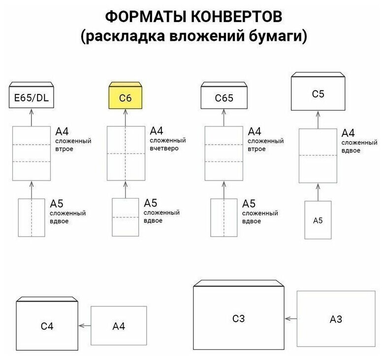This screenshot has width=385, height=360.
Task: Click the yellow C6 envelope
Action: (x=125, y=98)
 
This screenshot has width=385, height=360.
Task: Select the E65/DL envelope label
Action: (x=32, y=98)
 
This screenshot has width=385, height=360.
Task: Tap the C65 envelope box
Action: (x=224, y=98)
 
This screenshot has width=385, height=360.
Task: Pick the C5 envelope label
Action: (x=318, y=93)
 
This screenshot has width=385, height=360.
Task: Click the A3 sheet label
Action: (x=336, y=319)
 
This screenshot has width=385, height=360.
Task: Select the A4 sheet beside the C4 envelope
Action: (x=119, y=325)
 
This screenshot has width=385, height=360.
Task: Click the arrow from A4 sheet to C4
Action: (x=85, y=325)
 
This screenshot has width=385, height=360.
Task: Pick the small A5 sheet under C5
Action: (x=317, y=220)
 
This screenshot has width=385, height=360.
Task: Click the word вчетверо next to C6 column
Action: (x=165, y=148)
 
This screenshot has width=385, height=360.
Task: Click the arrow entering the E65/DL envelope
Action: (x=32, y=118)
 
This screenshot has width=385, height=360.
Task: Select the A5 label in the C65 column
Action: (x=249, y=204)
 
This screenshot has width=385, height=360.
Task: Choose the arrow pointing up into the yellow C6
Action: (x=125, y=118)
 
